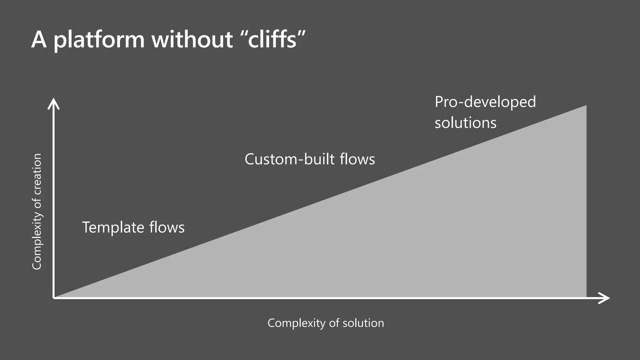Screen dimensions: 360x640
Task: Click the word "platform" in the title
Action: pyautogui.click(x=99, y=40)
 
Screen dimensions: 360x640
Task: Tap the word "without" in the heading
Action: pyautogui.click(x=192, y=40)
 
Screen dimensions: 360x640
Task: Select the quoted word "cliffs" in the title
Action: pyautogui.click(x=272, y=40)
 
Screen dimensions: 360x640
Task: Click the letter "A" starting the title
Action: pyautogui.click(x=39, y=40)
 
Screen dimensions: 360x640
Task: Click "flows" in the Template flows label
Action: pyautogui.click(x=167, y=227)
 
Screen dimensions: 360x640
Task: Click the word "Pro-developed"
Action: pyautogui.click(x=485, y=102)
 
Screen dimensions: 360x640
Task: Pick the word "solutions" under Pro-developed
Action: pyautogui.click(x=465, y=123)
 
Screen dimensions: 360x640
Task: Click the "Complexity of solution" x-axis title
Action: pyautogui.click(x=326, y=323)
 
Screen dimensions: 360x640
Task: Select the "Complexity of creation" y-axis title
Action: pyautogui.click(x=37, y=212)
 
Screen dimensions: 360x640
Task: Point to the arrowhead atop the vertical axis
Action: pyautogui.click(x=53, y=103)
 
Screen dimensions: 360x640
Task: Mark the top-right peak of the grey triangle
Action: pyautogui.click(x=586, y=106)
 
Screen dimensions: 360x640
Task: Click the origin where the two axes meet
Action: pyautogui.click(x=54, y=298)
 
